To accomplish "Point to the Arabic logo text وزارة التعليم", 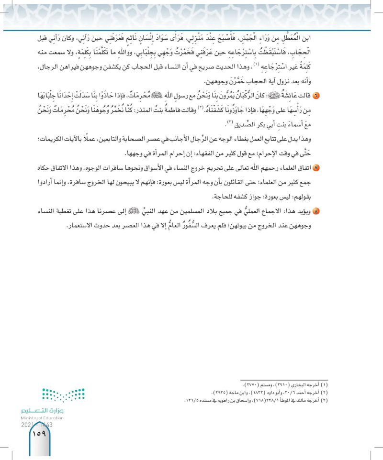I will (x=43, y=410).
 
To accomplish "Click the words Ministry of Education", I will (x=43, y=417).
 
